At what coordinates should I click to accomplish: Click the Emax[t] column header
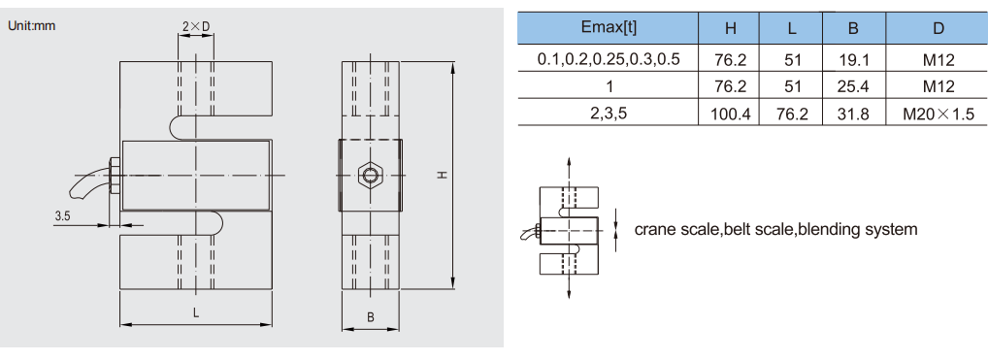608,28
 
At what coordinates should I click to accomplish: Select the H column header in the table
731,28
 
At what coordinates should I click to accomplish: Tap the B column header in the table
854,28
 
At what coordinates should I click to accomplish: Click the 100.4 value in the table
730,115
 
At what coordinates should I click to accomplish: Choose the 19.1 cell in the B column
854,60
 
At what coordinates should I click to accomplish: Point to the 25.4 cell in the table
854,86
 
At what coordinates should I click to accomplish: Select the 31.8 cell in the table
854,115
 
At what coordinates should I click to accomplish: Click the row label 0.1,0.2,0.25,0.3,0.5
609,60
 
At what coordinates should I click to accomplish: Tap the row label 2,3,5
609,115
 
